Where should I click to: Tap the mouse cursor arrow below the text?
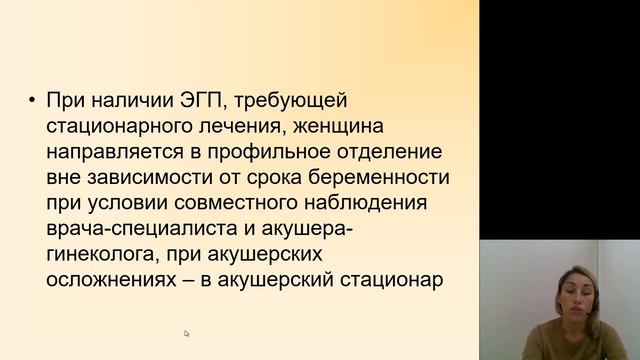click(x=186, y=333)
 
